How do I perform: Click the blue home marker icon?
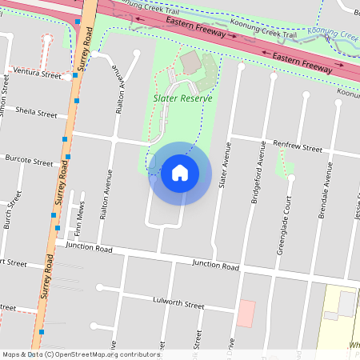pos(179,173)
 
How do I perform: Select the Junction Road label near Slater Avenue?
pos(215,266)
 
